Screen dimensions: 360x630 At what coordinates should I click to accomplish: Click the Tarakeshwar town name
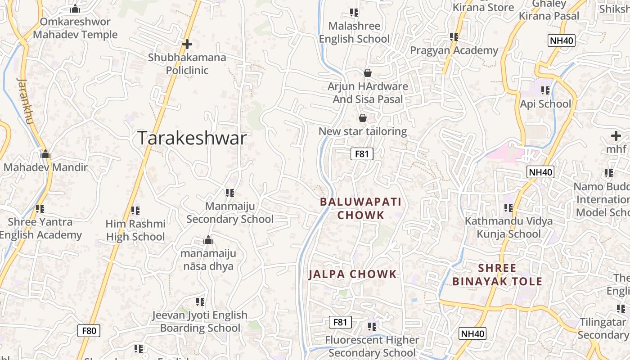pyautogui.click(x=192, y=138)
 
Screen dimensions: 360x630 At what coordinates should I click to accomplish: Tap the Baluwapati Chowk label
pyautogui.click(x=360, y=208)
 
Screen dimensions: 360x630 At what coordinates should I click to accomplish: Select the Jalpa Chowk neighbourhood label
pyautogui.click(x=352, y=274)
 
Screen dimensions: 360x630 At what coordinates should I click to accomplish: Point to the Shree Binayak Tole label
pyautogui.click(x=497, y=275)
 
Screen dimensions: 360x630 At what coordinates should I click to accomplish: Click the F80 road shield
pyautogui.click(x=89, y=331)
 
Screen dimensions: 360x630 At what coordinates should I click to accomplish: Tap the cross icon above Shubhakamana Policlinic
pyautogui.click(x=187, y=44)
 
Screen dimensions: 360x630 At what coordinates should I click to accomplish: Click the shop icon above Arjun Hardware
pyautogui.click(x=368, y=73)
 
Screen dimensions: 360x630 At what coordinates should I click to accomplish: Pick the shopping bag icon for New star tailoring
pyautogui.click(x=363, y=118)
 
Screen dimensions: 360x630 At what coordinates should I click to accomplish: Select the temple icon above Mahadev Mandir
pyautogui.click(x=45, y=154)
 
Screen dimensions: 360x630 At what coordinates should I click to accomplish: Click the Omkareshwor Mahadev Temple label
pyautogui.click(x=75, y=28)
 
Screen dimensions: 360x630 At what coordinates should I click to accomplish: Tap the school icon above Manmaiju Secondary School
pyautogui.click(x=230, y=193)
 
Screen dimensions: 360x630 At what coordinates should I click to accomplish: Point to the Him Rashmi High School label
pyautogui.click(x=135, y=230)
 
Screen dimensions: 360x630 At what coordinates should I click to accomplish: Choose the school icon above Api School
pyautogui.click(x=545, y=90)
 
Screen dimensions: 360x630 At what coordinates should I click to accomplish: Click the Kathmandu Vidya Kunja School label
pyautogui.click(x=508, y=227)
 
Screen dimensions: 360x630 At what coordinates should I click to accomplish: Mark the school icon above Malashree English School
pyautogui.click(x=354, y=13)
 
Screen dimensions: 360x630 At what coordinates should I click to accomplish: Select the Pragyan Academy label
pyautogui.click(x=454, y=50)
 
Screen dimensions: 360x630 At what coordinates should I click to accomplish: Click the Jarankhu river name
pyautogui.click(x=25, y=102)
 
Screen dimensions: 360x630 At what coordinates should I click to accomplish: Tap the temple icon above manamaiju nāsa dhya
pyautogui.click(x=208, y=240)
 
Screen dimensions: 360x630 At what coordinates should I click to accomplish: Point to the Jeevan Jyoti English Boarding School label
pyautogui.click(x=200, y=321)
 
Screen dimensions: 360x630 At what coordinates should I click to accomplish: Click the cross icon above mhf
pyautogui.click(x=616, y=135)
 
